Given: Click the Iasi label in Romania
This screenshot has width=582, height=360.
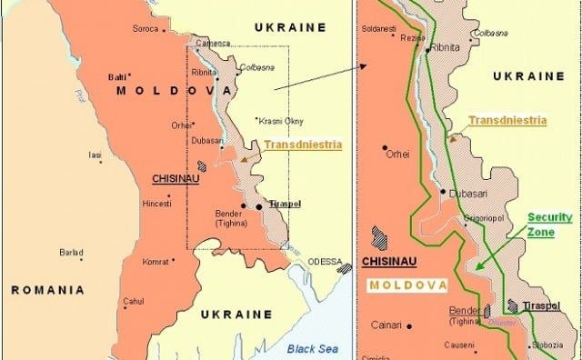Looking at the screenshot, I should pos(95,155).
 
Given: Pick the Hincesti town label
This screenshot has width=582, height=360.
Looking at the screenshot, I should pos(156,205).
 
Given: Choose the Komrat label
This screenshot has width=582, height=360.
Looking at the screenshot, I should pos(156,262).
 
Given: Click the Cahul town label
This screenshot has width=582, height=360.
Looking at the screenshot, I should pos(134,301).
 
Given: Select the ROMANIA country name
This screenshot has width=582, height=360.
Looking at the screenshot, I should pos(48,290).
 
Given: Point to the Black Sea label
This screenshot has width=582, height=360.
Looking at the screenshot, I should pos(312,347).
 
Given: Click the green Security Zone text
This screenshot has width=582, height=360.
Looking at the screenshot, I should pos(549,225).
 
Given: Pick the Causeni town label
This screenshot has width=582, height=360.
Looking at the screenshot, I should pos(460,345).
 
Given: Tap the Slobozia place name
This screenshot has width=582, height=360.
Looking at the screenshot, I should pos(548,345).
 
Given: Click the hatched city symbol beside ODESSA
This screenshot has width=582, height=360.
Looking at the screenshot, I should pos(345,268).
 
